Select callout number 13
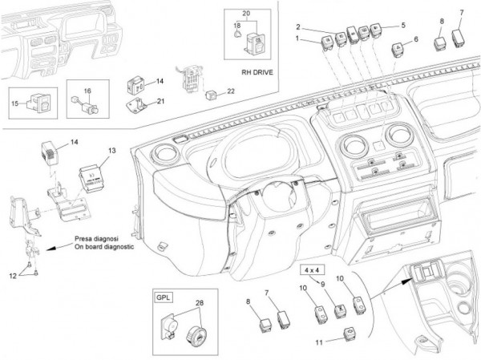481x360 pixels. pos(112,151)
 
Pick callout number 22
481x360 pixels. pos(231,91)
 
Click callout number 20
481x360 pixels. pos(245,14)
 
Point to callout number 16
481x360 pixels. pos(87,91)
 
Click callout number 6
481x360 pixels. pos(415,39)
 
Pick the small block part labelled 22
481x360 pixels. pos(210,94)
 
